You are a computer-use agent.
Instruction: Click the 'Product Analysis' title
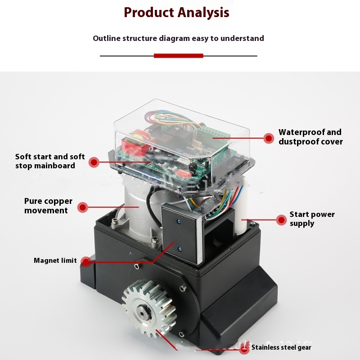(x=176, y=13)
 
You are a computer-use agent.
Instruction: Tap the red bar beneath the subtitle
(x=179, y=56)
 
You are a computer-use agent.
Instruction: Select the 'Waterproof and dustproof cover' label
(x=310, y=137)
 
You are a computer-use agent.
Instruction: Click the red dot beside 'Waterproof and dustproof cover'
(x=269, y=138)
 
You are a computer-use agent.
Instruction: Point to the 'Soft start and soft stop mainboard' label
(x=49, y=161)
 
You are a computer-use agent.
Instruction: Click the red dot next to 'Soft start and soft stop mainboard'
(x=94, y=162)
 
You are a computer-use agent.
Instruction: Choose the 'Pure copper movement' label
(x=48, y=206)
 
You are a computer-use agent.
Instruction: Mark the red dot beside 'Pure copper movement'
(x=82, y=207)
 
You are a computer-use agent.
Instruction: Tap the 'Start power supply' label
(x=312, y=219)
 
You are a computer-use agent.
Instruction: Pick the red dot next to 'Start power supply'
(x=281, y=220)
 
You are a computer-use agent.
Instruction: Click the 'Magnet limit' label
(x=55, y=261)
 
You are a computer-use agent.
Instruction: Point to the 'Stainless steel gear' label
(x=281, y=347)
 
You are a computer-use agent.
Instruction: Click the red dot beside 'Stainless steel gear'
(x=245, y=348)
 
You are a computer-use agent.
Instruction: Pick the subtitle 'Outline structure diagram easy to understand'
(x=178, y=38)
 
